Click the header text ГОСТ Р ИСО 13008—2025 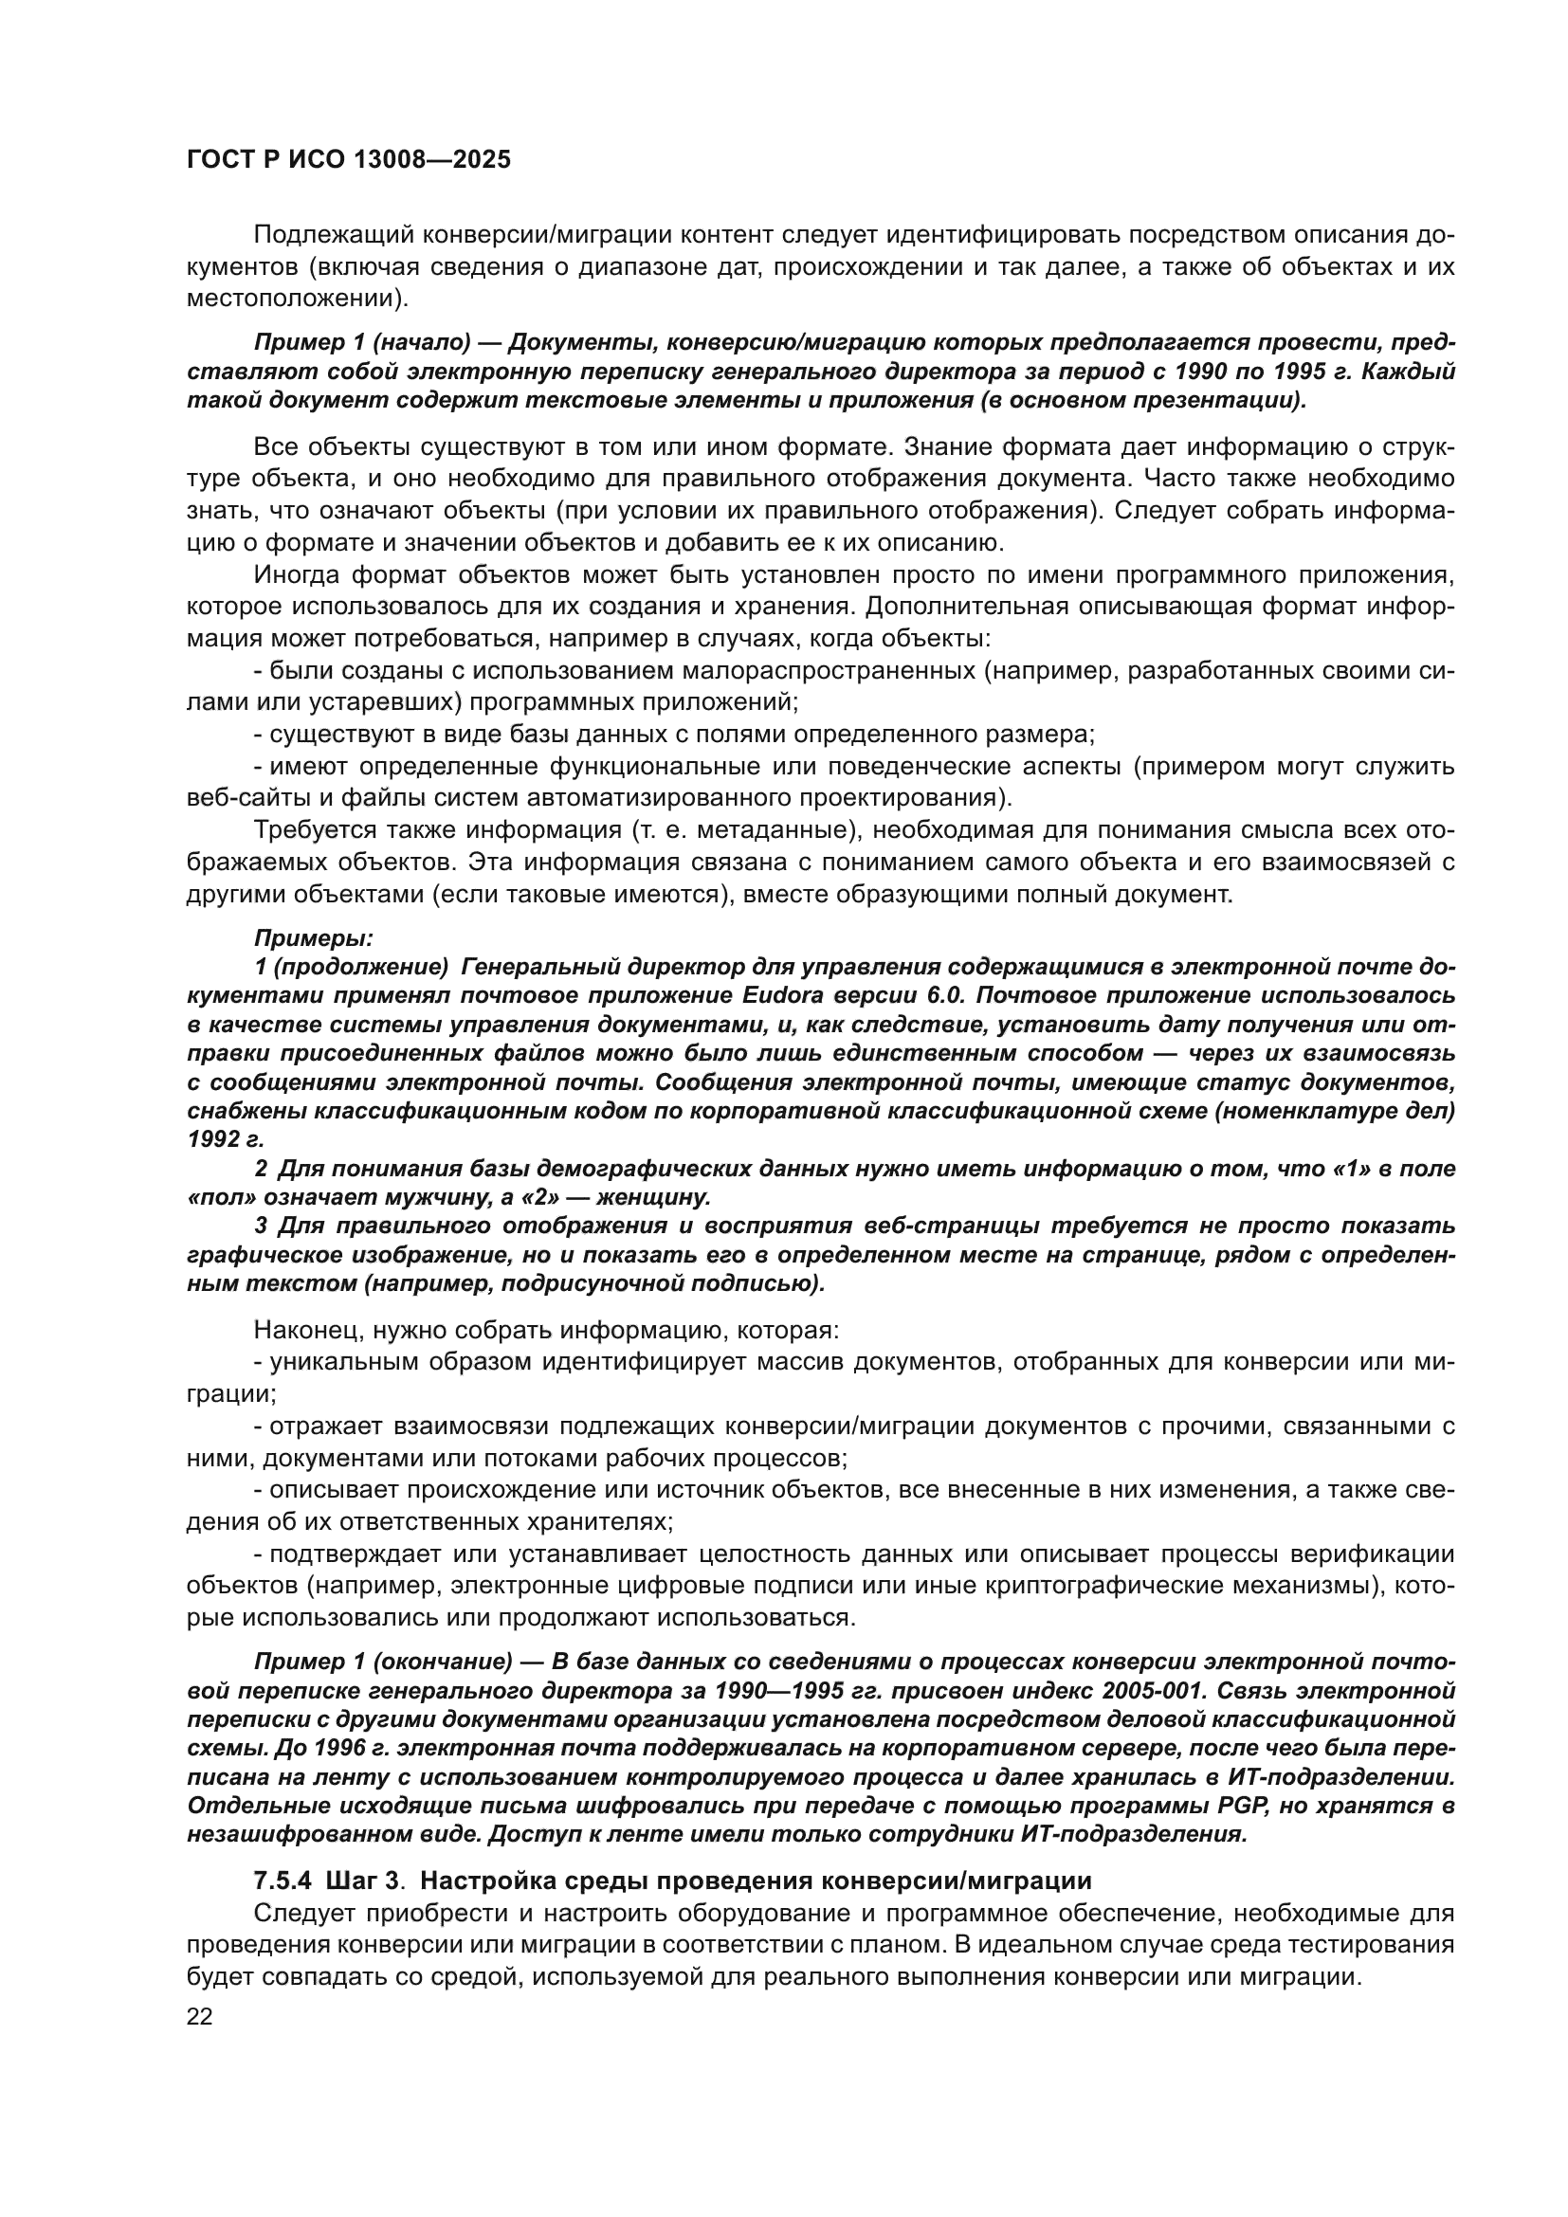click(349, 160)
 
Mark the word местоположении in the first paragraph click(292, 298)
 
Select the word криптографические click(1065, 1587)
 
